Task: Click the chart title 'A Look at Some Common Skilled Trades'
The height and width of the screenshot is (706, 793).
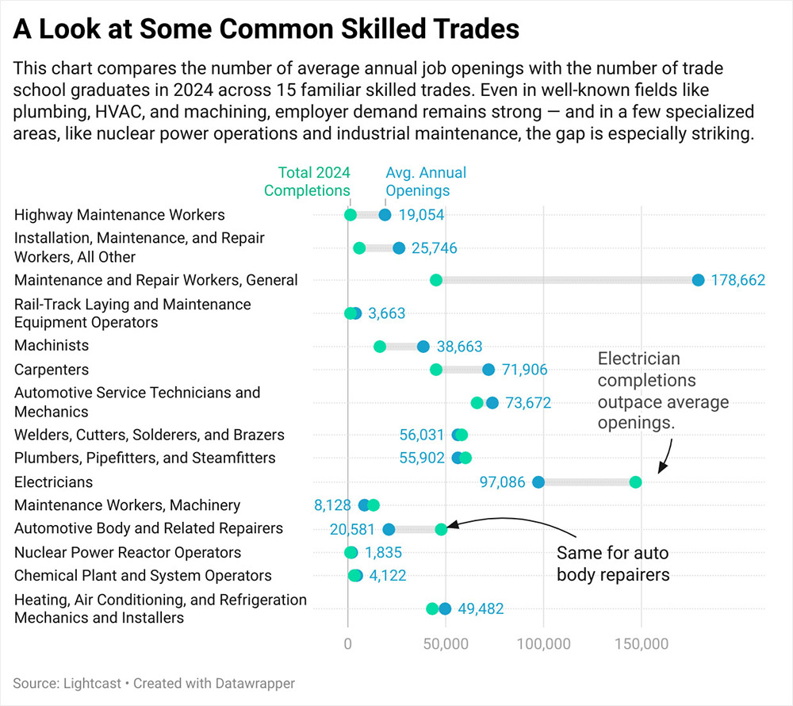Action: [x=266, y=29]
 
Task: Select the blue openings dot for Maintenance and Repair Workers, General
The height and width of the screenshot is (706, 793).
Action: [x=698, y=280]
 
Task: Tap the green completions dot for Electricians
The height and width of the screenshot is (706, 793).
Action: [x=635, y=482]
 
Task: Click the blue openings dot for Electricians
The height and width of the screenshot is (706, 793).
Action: [x=538, y=482]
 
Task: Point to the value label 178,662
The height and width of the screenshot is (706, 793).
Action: [x=737, y=280]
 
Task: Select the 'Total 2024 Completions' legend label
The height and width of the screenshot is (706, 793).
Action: [x=307, y=182]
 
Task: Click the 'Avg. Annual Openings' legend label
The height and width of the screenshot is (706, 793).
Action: [x=425, y=182]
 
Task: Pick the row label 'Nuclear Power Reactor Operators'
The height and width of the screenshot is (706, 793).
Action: [x=128, y=552]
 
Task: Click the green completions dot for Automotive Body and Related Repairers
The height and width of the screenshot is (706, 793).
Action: [x=441, y=529]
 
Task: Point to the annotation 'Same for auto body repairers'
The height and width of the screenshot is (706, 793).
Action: [x=612, y=563]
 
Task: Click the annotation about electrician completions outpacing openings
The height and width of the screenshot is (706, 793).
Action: [x=651, y=390]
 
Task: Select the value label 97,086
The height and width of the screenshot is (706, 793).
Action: [x=503, y=482]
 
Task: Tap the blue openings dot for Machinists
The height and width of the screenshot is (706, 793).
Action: [x=423, y=347]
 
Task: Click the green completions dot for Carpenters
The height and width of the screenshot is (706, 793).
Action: [x=435, y=370]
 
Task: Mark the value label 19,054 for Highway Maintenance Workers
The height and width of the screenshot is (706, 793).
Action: [x=421, y=215]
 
